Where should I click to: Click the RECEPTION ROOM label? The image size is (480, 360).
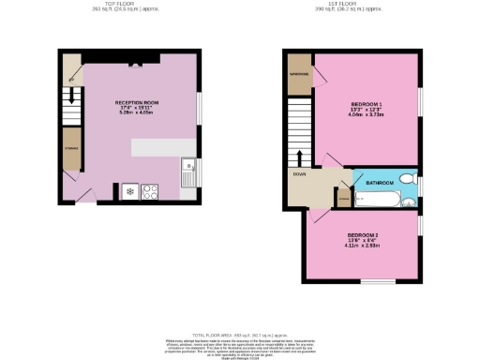[x=136, y=101]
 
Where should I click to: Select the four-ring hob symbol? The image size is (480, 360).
[x=149, y=192]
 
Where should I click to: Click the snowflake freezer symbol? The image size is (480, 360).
[x=129, y=192]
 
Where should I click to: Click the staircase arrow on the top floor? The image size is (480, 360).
[x=71, y=94]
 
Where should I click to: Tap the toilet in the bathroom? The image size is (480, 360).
[x=406, y=178]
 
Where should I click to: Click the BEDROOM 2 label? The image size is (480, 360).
[x=363, y=234]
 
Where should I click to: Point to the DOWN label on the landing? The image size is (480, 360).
[x=298, y=173]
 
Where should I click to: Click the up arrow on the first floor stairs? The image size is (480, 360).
[x=300, y=155]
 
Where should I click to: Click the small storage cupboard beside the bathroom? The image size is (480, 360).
[x=343, y=199]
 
